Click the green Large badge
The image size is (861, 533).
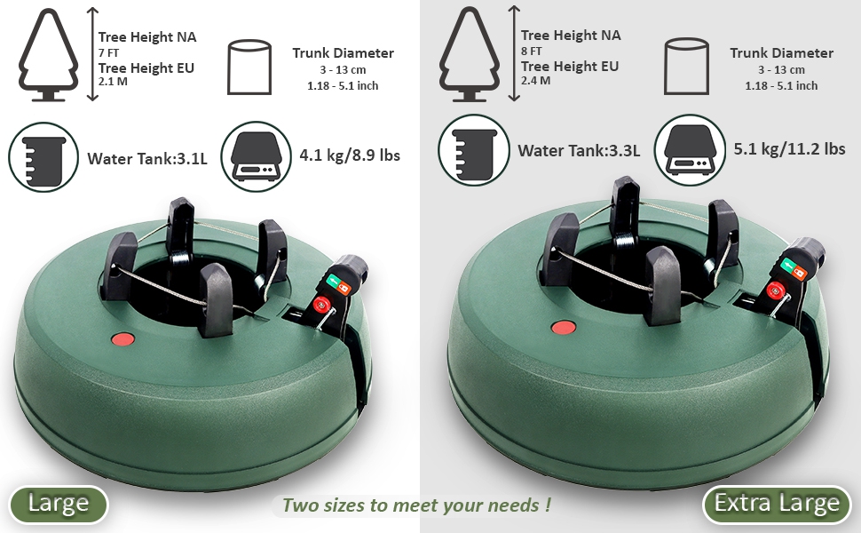(59, 505)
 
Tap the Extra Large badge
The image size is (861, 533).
(777, 505)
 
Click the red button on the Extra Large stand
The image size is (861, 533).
(562, 327)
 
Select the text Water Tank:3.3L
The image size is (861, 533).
(579, 150)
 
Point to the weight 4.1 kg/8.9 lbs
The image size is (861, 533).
(349, 155)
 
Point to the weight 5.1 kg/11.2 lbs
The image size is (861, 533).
(789, 148)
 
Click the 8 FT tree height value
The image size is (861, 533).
(532, 52)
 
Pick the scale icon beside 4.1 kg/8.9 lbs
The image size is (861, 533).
(254, 155)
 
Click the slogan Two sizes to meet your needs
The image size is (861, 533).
(415, 505)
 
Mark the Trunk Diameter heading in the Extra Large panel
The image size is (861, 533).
(781, 53)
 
